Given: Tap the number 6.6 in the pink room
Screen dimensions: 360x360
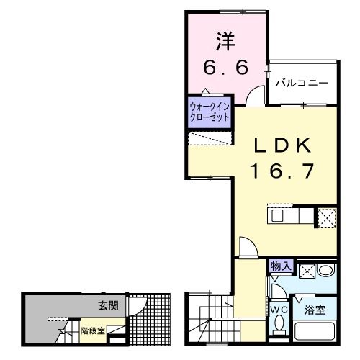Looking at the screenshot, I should point(225,68).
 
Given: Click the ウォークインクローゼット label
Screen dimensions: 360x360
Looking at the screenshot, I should point(210,112).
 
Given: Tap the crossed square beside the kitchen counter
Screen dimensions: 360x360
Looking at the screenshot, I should point(326,216).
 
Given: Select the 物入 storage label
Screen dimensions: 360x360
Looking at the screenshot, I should point(281,267).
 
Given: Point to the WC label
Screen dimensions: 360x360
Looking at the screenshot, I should point(279,310).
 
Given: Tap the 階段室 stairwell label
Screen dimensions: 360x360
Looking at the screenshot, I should point(93,331).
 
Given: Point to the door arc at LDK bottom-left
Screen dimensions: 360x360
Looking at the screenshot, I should point(245,247).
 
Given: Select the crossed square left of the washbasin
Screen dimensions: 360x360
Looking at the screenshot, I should point(305,271).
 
